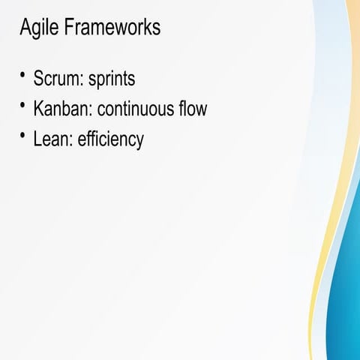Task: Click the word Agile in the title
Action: coord(37,28)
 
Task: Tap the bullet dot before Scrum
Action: coord(23,74)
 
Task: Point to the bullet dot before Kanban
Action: coord(23,105)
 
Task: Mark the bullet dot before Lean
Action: coord(23,136)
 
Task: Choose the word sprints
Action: coord(112,80)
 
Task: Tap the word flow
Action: coord(190,109)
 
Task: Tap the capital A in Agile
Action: coord(25,28)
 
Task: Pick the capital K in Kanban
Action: coord(38,109)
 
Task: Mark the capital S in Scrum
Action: coord(38,79)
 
